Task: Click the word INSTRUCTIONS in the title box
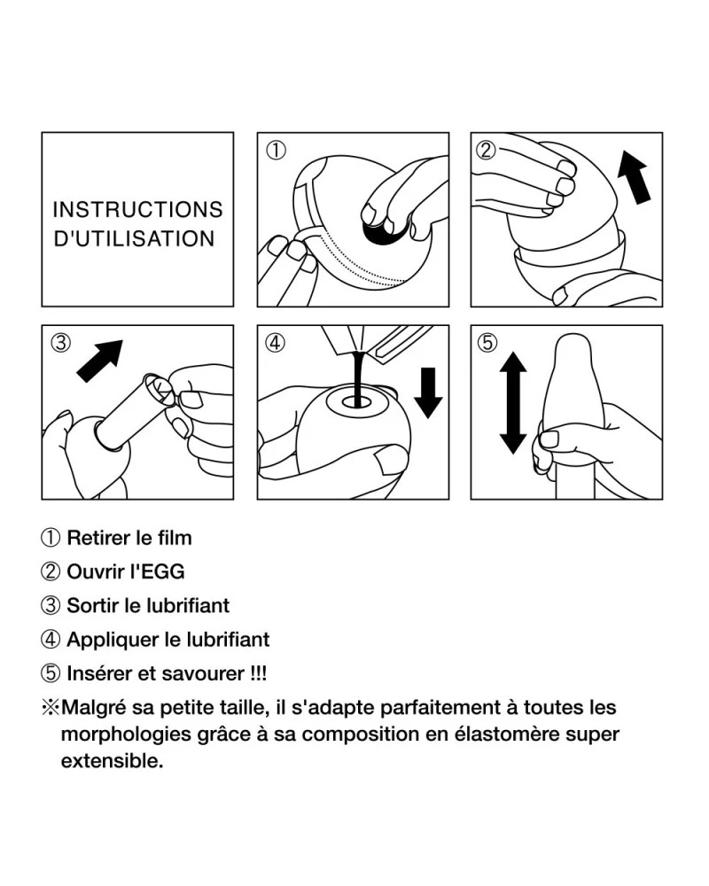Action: (138, 210)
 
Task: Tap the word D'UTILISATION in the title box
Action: (134, 238)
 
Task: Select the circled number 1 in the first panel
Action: (276, 151)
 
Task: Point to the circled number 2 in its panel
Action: (487, 150)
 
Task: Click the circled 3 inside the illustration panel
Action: (60, 342)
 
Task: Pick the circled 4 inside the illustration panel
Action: (276, 342)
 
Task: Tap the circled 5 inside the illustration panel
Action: (487, 342)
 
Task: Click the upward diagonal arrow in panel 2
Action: (635, 176)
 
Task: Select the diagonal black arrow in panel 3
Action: (100, 361)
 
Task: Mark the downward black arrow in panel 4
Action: (428, 392)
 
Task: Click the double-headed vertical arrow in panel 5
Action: (513, 402)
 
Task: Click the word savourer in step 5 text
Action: (202, 673)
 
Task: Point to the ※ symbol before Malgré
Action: (51, 707)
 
